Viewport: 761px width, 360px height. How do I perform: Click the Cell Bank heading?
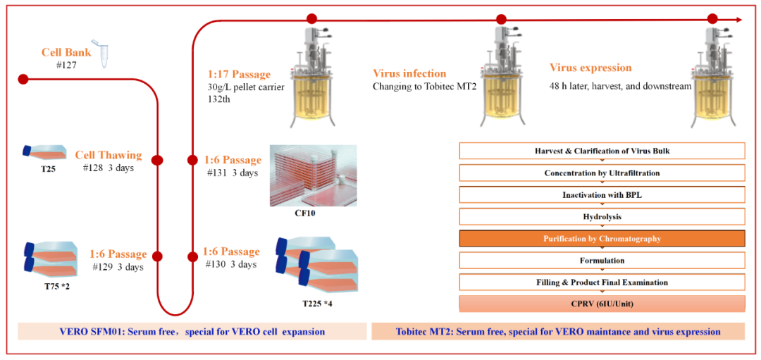tap(66, 52)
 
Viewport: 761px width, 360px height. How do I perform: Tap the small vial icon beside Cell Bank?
tap(106, 56)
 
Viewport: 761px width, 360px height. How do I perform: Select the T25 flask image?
tap(44, 153)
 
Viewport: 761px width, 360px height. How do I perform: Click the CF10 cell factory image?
tap(313, 175)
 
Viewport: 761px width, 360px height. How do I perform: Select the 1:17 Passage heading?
tap(239, 75)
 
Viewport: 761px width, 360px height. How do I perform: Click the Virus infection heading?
tap(409, 73)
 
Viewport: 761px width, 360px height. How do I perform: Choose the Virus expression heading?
tap(590, 68)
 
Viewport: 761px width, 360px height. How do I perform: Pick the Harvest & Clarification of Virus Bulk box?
tap(602, 151)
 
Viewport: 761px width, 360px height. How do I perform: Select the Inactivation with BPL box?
tap(602, 195)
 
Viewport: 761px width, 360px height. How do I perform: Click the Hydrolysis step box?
tap(602, 217)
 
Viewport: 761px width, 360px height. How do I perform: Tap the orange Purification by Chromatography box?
tap(602, 239)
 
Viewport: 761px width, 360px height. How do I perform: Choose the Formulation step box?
tap(602, 261)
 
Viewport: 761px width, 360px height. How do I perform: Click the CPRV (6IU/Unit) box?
tap(602, 304)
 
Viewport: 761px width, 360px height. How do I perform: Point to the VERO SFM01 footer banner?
tap(192, 331)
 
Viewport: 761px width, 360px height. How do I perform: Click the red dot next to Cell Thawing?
tap(157, 160)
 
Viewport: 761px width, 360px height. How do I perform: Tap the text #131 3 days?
tap(231, 173)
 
